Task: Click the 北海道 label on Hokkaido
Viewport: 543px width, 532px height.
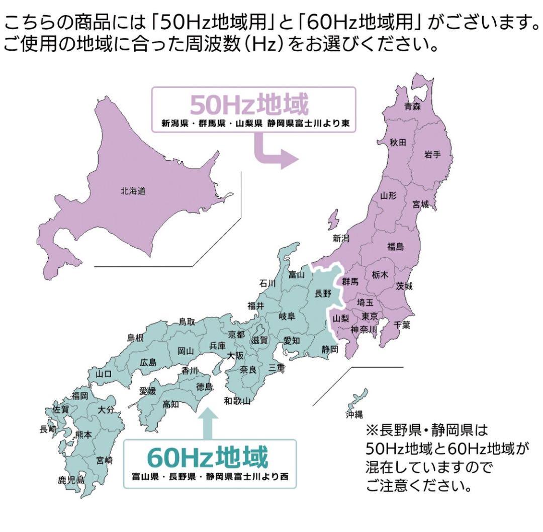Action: click(133, 191)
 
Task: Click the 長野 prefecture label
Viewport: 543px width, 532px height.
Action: click(323, 293)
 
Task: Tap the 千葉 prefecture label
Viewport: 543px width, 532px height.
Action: click(402, 325)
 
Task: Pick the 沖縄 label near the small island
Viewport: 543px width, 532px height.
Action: click(354, 414)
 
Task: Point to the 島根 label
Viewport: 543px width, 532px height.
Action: click(135, 338)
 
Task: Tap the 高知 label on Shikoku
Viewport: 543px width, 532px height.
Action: click(171, 403)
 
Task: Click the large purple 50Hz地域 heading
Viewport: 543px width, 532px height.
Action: click(248, 105)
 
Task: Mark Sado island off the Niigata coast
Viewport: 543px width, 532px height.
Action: click(333, 222)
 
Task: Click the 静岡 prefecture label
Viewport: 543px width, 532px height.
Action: click(330, 349)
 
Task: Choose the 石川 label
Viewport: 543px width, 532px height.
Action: click(267, 283)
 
